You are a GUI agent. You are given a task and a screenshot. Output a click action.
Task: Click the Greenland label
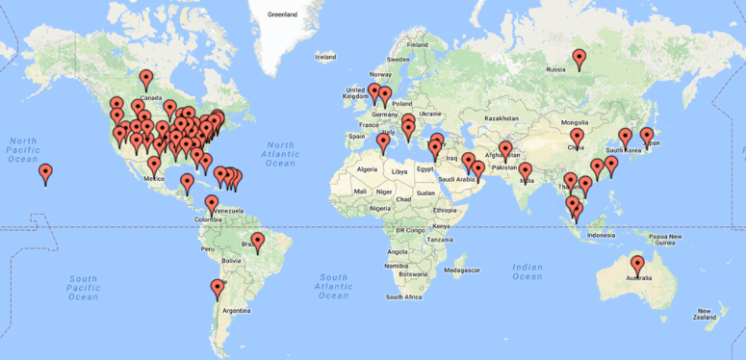click(282, 15)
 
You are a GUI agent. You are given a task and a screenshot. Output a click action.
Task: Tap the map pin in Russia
click(579, 59)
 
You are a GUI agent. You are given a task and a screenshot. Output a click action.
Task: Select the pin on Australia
click(636, 265)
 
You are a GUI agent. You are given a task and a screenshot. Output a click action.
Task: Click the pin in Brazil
click(257, 242)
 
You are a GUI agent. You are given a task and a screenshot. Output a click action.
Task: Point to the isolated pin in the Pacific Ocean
click(45, 173)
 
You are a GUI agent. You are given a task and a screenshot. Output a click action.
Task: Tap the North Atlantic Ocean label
click(280, 153)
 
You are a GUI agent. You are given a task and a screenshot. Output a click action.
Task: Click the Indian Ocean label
click(527, 272)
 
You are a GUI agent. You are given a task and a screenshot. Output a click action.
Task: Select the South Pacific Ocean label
click(83, 288)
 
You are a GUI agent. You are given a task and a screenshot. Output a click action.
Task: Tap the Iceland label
click(325, 57)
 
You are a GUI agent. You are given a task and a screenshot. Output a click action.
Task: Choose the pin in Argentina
click(218, 289)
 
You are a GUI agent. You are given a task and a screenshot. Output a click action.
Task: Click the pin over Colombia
click(212, 204)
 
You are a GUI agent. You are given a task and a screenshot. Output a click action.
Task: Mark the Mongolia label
click(575, 122)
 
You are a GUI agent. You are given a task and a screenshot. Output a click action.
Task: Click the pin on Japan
click(647, 136)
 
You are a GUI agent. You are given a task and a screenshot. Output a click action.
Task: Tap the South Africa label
click(404, 297)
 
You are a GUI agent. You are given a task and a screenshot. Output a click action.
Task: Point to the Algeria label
click(368, 169)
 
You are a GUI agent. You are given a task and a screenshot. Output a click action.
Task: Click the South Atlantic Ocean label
click(333, 286)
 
